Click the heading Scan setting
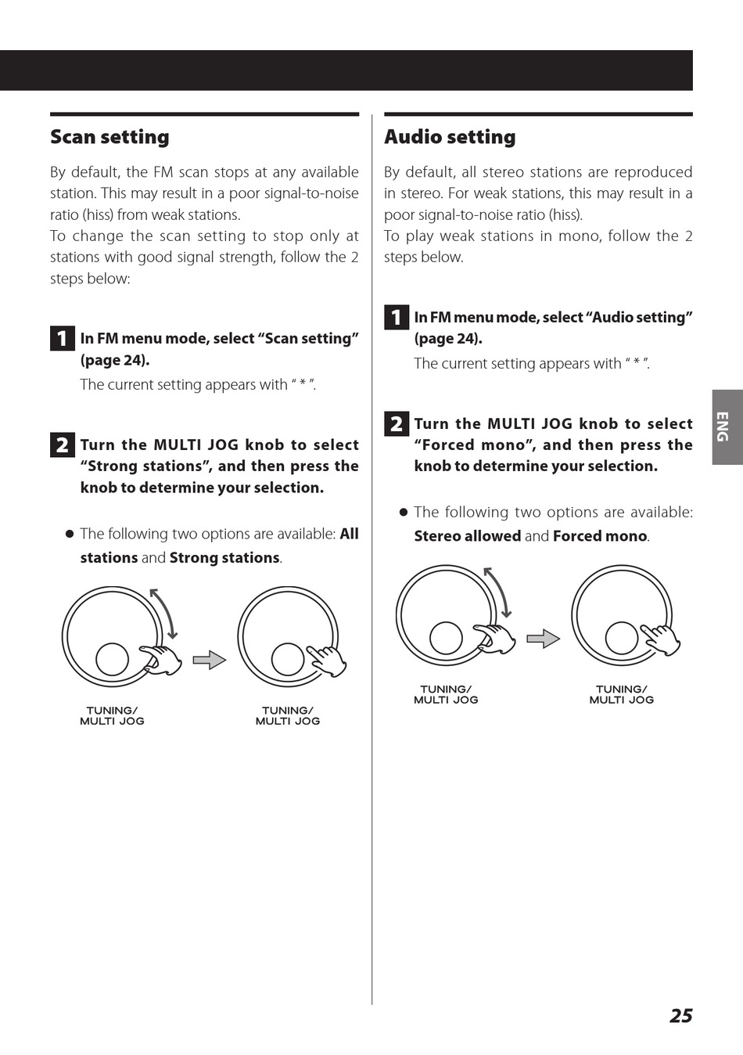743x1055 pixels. (x=109, y=137)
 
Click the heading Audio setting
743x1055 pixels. (x=450, y=137)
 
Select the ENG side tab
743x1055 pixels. (x=727, y=427)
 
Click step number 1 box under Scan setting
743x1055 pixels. (x=62, y=338)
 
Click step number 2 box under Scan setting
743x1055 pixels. (x=62, y=445)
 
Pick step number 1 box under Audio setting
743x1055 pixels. (x=397, y=317)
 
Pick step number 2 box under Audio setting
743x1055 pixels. (x=397, y=423)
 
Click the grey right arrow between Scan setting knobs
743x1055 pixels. (x=210, y=660)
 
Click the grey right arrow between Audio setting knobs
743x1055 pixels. (x=544, y=639)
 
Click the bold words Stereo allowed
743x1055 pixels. (x=467, y=536)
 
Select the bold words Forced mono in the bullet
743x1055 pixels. (x=600, y=536)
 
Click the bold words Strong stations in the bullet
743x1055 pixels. (x=224, y=558)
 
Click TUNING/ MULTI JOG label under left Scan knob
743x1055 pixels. (x=112, y=716)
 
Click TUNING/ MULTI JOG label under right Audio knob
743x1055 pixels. (x=622, y=695)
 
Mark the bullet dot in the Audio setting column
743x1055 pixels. (x=404, y=513)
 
